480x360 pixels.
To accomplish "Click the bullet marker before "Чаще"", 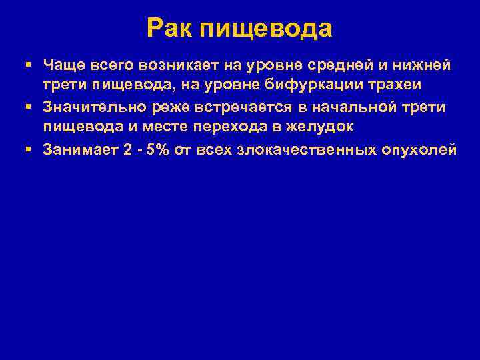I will tap(27, 65).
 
